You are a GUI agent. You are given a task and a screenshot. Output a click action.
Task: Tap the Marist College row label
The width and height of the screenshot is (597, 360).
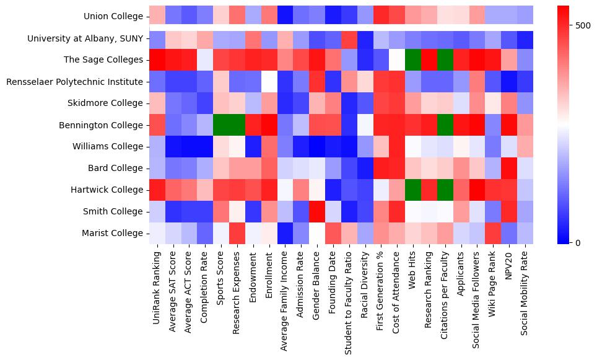coord(115,234)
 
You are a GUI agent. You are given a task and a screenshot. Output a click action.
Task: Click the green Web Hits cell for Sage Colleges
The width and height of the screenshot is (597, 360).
coord(413,60)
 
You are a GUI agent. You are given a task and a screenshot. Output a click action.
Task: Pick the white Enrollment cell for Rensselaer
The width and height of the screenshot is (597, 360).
coord(269,82)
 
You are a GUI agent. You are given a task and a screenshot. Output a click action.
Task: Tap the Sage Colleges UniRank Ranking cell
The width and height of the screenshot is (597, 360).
coord(157,60)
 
